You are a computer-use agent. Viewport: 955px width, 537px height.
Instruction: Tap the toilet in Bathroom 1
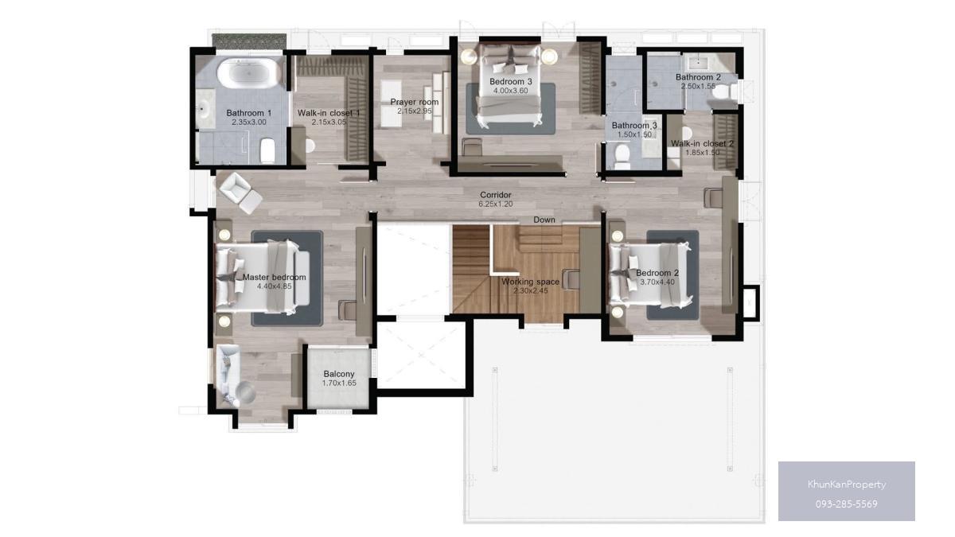click(267, 150)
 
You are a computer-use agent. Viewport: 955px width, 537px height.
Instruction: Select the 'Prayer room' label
click(415, 102)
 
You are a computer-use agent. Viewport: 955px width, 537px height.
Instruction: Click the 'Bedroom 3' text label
click(511, 81)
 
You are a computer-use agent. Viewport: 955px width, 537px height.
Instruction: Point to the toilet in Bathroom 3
click(622, 156)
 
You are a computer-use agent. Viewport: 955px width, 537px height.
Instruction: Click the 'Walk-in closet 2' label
click(702, 143)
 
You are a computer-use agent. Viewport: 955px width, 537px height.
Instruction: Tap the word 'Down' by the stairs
click(544, 220)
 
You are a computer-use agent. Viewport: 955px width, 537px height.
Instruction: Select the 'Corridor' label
click(495, 195)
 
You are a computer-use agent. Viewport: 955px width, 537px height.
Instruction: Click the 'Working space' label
click(530, 282)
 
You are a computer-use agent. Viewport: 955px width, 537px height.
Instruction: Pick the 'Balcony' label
click(339, 374)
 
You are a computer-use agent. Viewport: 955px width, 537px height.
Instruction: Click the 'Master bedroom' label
click(274, 277)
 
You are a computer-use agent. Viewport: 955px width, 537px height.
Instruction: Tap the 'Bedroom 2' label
click(657, 273)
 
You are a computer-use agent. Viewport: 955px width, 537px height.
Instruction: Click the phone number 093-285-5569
click(847, 504)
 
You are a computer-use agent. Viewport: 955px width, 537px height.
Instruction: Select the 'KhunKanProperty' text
click(847, 484)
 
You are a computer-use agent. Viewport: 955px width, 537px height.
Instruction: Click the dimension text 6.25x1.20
click(495, 204)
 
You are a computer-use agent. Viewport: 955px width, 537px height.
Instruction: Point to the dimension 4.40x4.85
click(274, 286)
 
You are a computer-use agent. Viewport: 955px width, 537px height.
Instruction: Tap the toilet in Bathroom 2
click(723, 91)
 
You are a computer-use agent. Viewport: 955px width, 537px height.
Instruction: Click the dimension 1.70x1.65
click(339, 383)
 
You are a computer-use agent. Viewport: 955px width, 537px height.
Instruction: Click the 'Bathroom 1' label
click(249, 113)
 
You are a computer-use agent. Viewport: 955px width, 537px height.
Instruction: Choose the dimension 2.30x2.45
click(530, 291)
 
